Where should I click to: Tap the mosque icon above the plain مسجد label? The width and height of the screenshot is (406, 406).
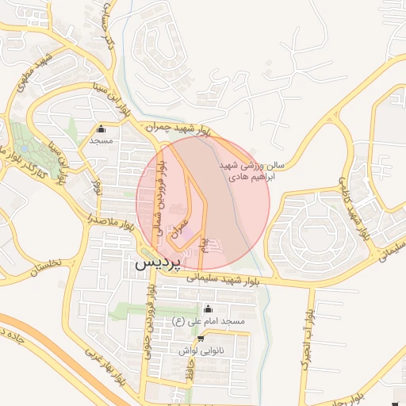pos(101,130)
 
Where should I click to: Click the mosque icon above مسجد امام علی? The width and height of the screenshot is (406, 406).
pos(209,309)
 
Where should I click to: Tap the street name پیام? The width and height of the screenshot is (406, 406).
pos(203,243)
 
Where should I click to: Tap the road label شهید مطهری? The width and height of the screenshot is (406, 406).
pos(40,71)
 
